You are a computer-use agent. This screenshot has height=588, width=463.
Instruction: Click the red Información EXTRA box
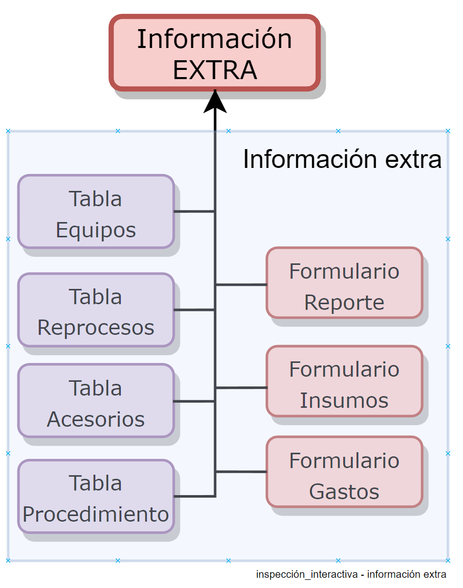click(x=215, y=53)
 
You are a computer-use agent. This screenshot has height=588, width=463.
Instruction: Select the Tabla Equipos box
click(x=96, y=212)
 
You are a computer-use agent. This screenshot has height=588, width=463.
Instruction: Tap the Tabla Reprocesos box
click(x=96, y=310)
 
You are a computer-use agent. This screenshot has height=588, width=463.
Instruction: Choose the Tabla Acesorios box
click(x=96, y=401)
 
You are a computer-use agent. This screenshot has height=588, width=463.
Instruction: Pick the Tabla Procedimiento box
click(x=96, y=497)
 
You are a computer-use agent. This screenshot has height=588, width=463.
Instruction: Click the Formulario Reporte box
click(x=344, y=283)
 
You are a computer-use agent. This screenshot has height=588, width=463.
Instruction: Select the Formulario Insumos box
click(x=344, y=381)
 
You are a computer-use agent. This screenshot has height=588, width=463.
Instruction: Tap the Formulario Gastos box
click(x=344, y=472)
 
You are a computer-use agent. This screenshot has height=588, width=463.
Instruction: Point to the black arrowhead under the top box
click(x=215, y=101)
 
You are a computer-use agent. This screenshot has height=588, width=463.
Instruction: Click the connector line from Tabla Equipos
click(x=194, y=211)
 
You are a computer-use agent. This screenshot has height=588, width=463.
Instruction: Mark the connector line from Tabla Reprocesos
click(x=194, y=309)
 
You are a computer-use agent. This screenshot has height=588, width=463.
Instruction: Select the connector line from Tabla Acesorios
click(x=194, y=401)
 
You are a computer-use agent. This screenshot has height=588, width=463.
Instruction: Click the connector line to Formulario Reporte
click(x=241, y=284)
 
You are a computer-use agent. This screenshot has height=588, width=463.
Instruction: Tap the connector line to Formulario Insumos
click(x=241, y=388)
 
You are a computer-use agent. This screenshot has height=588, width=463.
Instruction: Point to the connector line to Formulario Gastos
click(x=241, y=472)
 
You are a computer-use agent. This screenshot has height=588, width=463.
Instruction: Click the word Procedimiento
click(x=96, y=514)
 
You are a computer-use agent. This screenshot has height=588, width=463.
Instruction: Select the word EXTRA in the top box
click(x=215, y=70)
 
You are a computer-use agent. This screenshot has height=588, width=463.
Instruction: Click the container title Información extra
click(x=342, y=159)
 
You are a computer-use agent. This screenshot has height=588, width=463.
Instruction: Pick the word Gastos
click(x=344, y=492)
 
